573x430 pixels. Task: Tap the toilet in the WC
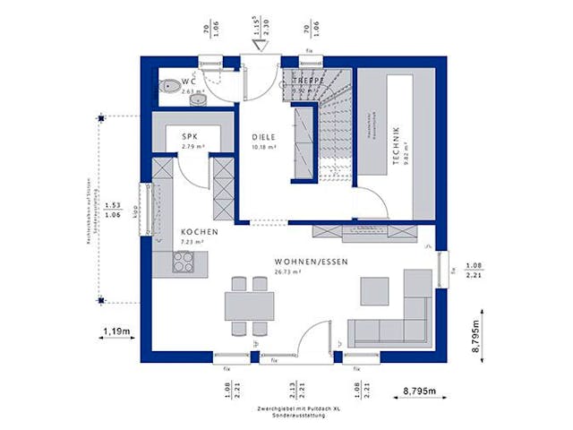pyautogui.click(x=168, y=86)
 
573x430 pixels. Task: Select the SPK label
pyautogui.click(x=189, y=136)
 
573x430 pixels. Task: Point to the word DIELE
pyautogui.click(x=263, y=136)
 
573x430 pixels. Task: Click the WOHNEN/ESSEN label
pyautogui.click(x=312, y=262)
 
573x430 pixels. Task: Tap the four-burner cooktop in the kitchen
pyautogui.click(x=184, y=262)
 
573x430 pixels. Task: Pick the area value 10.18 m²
pyautogui.click(x=263, y=146)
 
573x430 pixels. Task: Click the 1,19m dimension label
pyautogui.click(x=115, y=331)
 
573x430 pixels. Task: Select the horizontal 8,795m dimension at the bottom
pyautogui.click(x=421, y=390)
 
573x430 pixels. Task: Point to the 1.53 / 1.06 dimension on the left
pyautogui.click(x=114, y=209)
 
